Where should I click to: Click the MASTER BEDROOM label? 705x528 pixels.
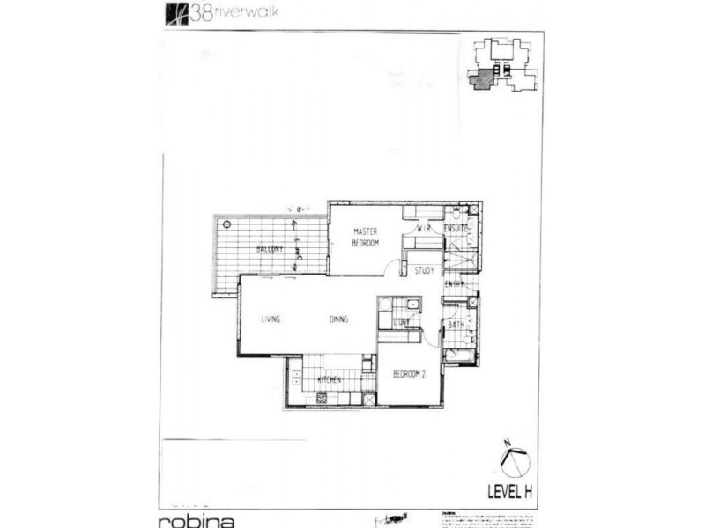tap(366, 237)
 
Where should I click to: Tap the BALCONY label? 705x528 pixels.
tap(270, 249)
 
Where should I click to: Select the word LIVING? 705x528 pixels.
tap(271, 319)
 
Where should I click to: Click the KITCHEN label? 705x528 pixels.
tap(329, 380)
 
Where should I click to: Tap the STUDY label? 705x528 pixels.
tap(425, 271)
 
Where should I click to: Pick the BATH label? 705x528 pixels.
tap(456, 325)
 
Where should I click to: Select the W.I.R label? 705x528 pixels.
tap(424, 228)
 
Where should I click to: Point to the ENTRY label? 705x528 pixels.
tap(455, 284)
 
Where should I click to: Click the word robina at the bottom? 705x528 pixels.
tap(197, 517)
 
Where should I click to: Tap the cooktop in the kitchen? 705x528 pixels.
tap(321, 399)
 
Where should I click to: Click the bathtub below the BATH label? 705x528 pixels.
tap(458, 356)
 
